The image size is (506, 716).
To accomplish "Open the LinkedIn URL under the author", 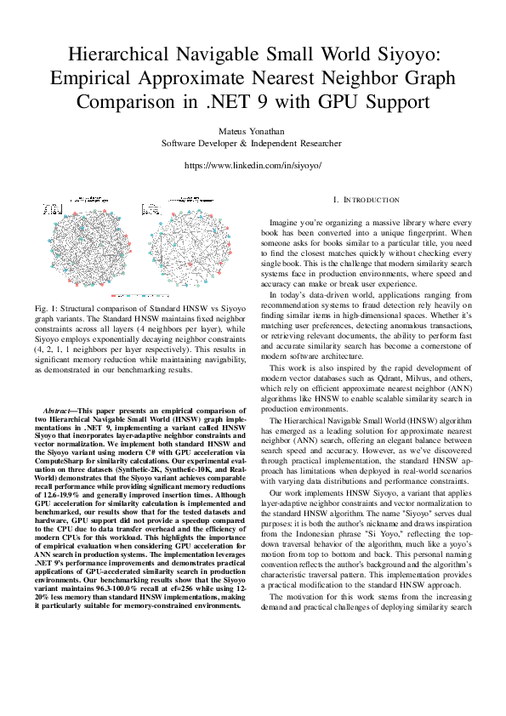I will click(x=252, y=166).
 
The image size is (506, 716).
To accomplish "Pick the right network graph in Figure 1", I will click(x=187, y=248).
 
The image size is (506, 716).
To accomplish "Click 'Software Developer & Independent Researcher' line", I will click(x=252, y=144).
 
